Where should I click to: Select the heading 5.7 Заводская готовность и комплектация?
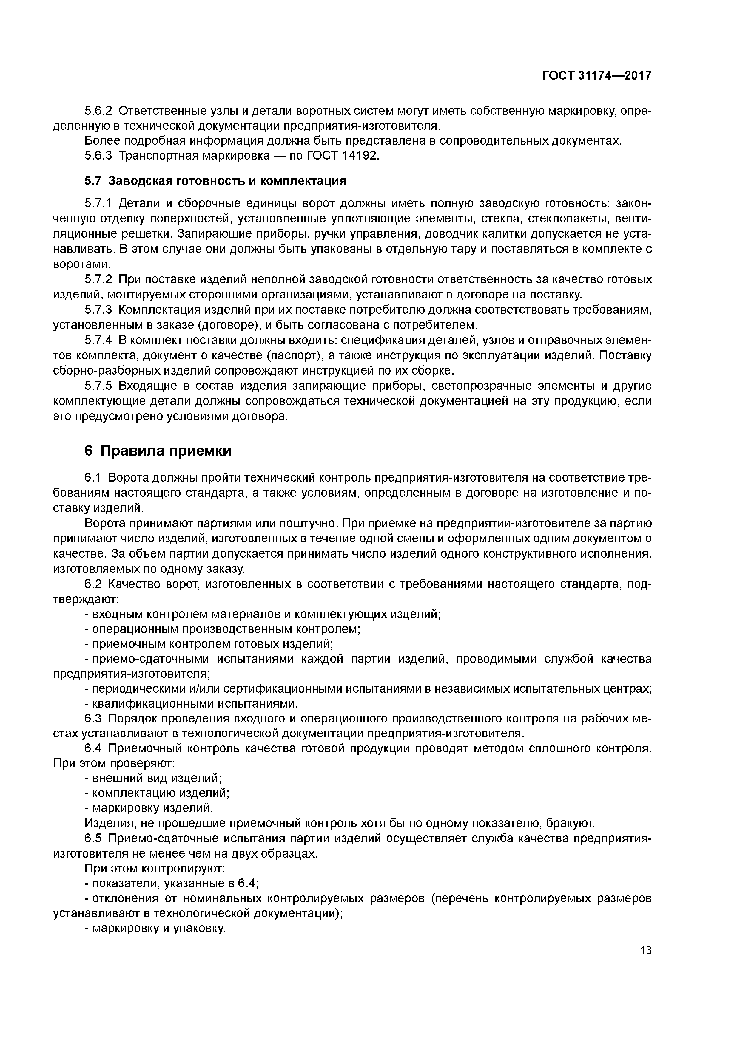click(215, 181)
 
